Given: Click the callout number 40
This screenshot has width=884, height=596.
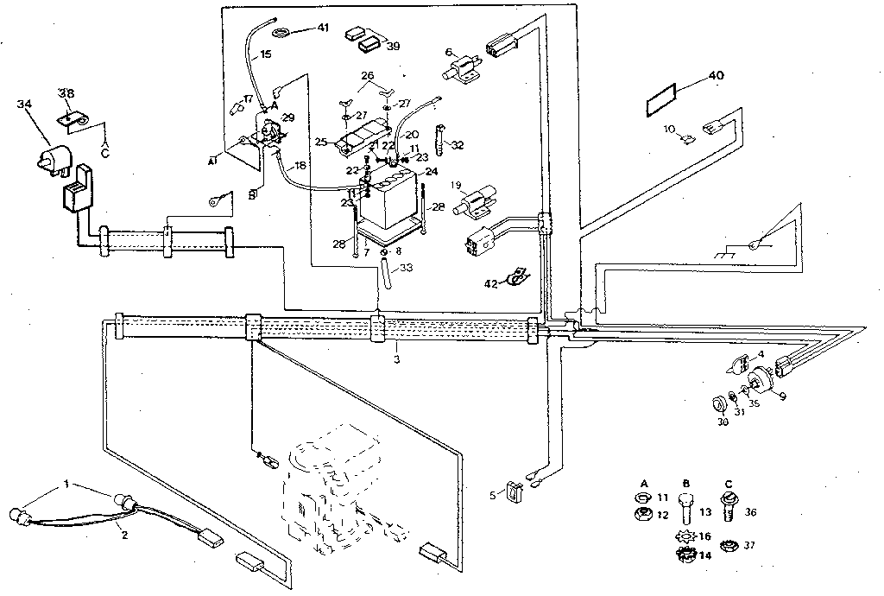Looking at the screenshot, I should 716,75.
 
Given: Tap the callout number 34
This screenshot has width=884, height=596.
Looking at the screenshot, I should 24,105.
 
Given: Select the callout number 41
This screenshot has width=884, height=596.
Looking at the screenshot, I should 322,28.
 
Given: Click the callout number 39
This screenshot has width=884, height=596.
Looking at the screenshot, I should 393,45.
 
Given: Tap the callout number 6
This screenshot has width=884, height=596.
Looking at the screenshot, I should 449,53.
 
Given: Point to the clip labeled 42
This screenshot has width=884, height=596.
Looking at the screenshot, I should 517,277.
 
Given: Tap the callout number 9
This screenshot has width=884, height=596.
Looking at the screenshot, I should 782,396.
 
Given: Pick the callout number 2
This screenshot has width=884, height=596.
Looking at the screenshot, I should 124,535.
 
